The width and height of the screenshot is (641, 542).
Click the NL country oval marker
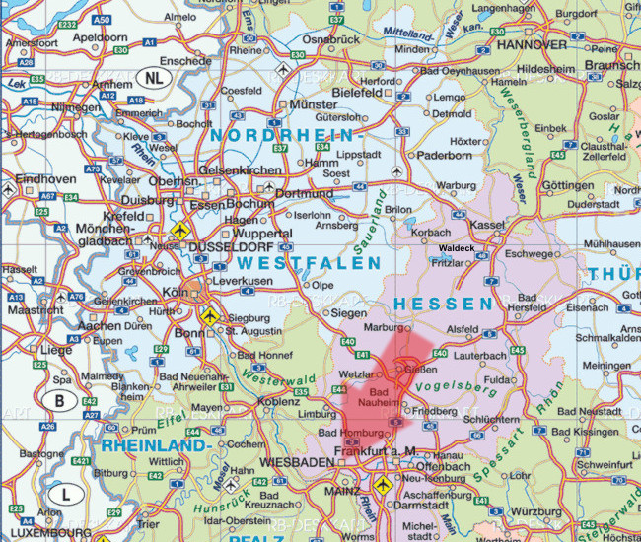(152, 77)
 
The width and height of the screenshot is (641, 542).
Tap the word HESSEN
(442, 304)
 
